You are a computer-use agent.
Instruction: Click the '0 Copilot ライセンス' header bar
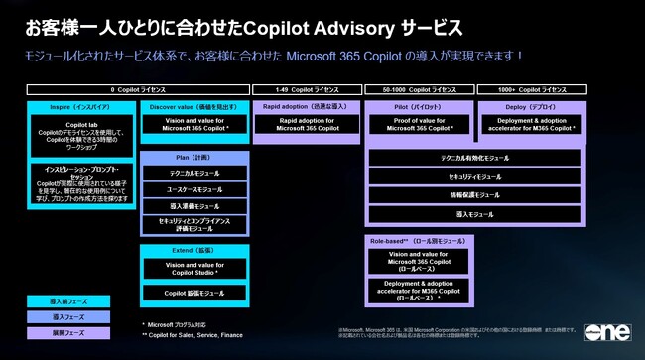coord(131,89)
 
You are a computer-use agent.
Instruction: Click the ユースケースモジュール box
coord(194,188)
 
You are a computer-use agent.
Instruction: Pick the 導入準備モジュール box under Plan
coord(194,206)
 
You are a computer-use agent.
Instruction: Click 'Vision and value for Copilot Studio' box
coord(194,269)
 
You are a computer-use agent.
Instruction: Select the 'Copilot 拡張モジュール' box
coord(194,294)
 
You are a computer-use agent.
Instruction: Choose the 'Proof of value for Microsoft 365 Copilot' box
coord(418,124)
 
